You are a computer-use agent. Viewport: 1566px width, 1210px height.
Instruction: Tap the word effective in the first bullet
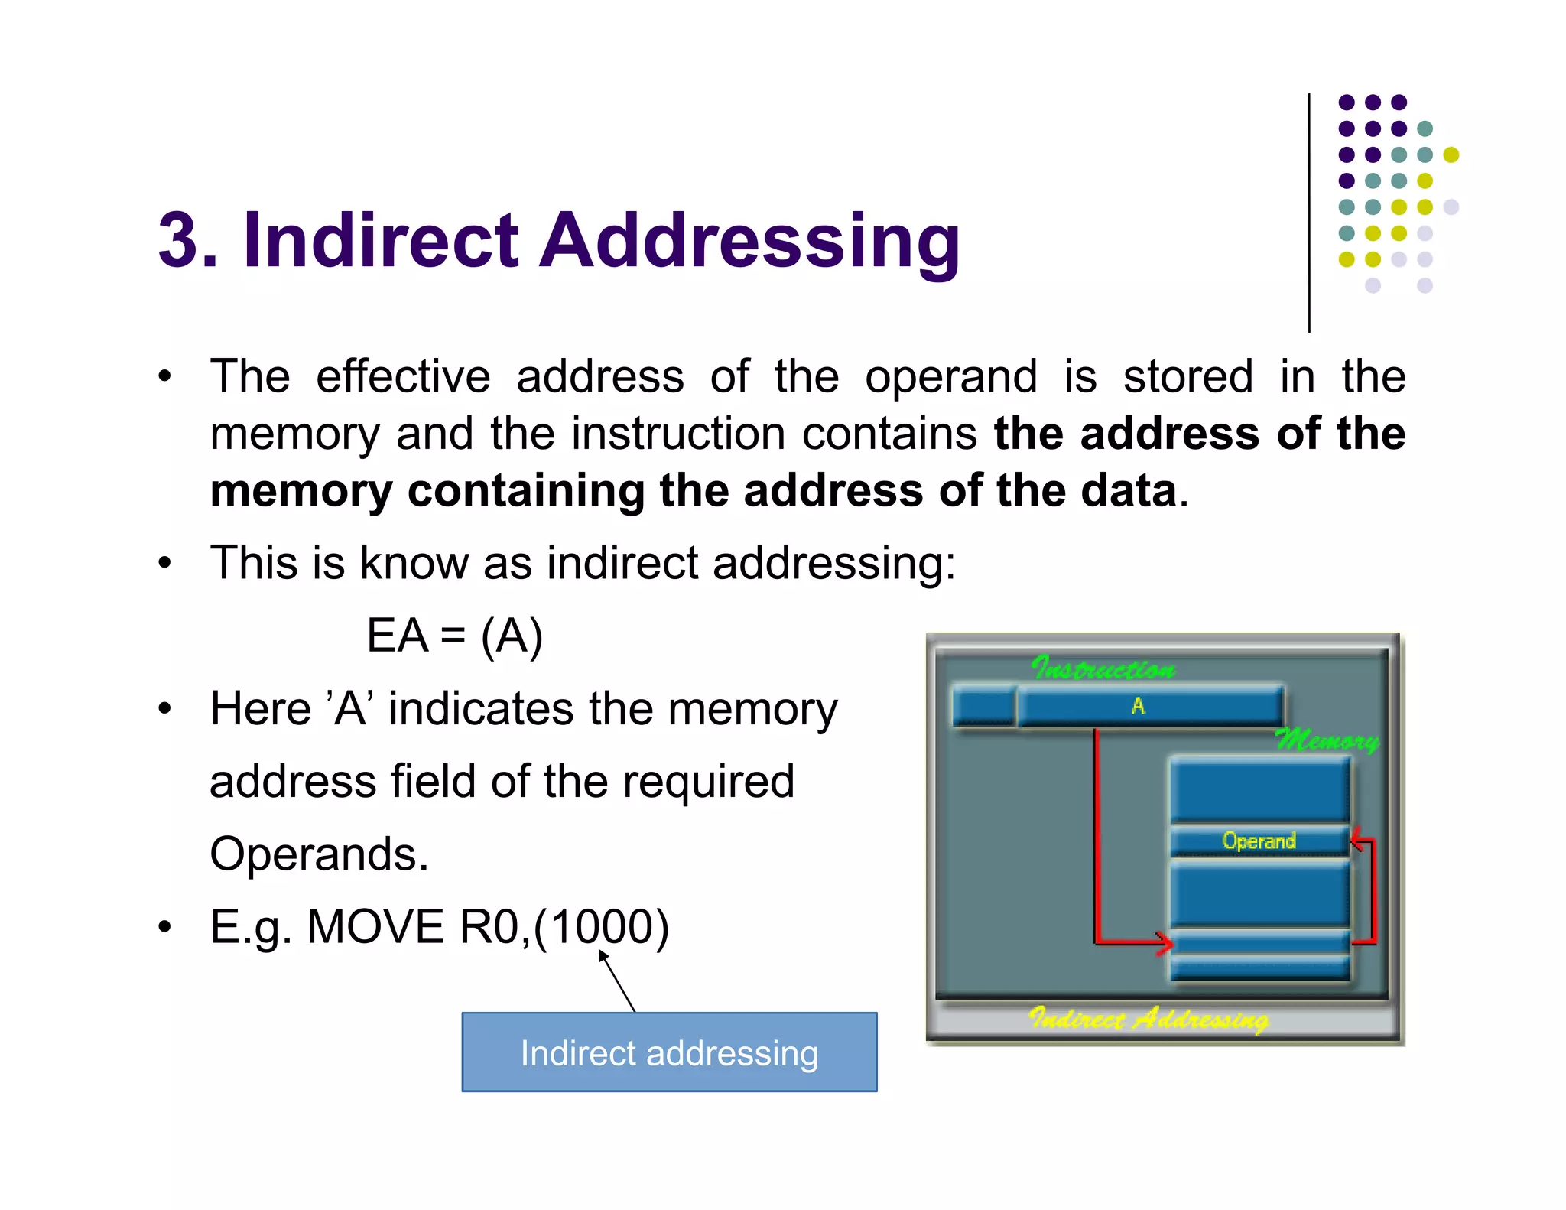(x=403, y=376)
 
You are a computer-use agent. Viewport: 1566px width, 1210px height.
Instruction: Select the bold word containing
(x=526, y=490)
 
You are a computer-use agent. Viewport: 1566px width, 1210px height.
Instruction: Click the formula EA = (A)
(x=454, y=636)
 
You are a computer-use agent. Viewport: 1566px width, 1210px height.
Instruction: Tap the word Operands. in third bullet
(x=319, y=854)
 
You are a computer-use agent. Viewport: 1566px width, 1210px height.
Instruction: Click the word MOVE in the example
(x=375, y=926)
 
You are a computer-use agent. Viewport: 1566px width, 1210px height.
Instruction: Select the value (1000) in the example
(x=602, y=926)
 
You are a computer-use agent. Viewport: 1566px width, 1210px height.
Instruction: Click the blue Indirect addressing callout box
(x=669, y=1052)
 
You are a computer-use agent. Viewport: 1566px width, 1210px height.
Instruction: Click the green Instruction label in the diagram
(x=1103, y=668)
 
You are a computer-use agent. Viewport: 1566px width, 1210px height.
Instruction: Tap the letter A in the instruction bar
(x=1138, y=706)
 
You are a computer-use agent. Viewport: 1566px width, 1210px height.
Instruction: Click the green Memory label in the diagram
(x=1326, y=740)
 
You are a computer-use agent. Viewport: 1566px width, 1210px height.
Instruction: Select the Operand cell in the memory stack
(x=1259, y=841)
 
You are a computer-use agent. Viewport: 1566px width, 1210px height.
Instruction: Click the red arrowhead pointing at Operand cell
(x=1356, y=841)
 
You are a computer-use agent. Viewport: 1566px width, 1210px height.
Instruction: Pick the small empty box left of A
(x=983, y=705)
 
